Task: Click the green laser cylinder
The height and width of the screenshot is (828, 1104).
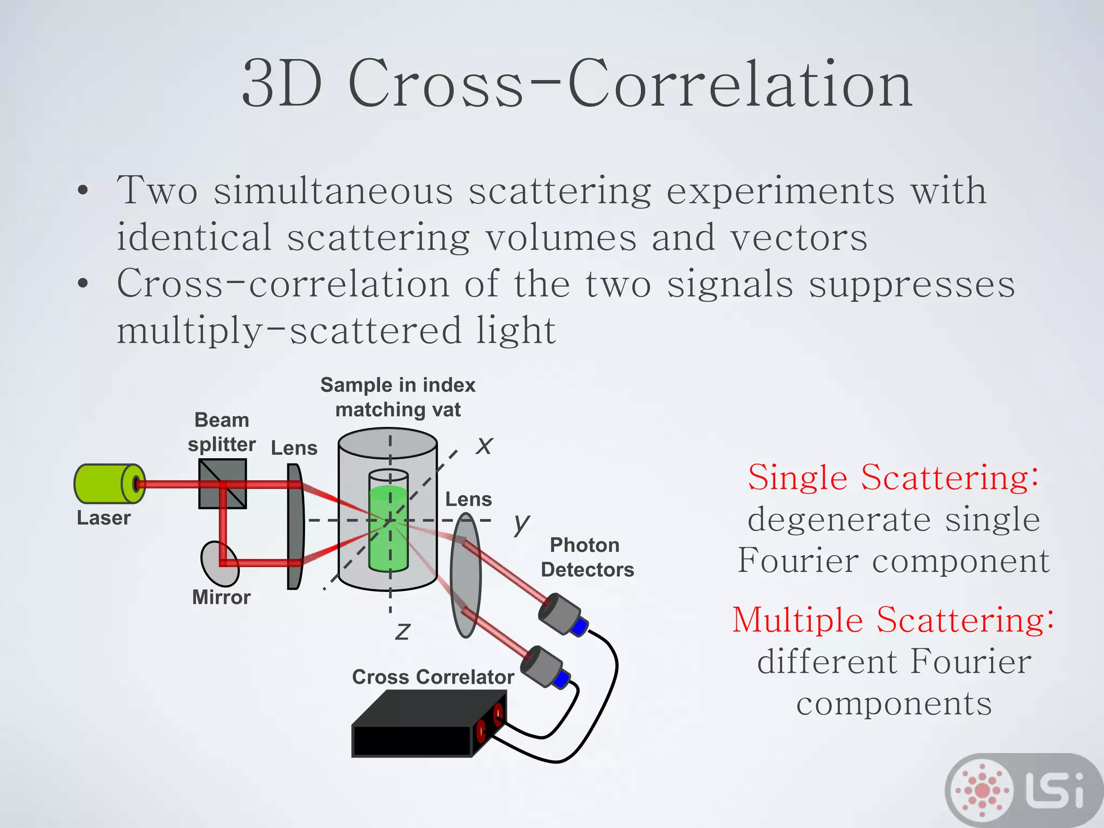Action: pyautogui.click(x=105, y=484)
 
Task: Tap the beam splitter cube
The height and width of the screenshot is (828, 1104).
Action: pyautogui.click(x=222, y=484)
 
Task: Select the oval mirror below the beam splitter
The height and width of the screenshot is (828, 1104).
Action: pyautogui.click(x=219, y=564)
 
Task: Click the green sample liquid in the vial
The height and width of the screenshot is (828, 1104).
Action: pyautogui.click(x=388, y=531)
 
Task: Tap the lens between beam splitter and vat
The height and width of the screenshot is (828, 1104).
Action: pyautogui.click(x=295, y=527)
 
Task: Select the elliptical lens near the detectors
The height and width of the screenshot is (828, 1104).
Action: pyautogui.click(x=465, y=575)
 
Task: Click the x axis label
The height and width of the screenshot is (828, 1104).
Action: pyautogui.click(x=484, y=446)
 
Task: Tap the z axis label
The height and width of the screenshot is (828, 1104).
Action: pyautogui.click(x=403, y=631)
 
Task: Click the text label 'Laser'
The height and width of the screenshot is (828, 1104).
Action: pyautogui.click(x=103, y=518)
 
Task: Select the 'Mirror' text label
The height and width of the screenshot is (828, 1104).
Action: pyautogui.click(x=221, y=597)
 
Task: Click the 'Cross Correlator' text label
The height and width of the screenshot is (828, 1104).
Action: pyautogui.click(x=433, y=677)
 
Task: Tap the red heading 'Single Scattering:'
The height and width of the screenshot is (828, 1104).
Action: pyautogui.click(x=893, y=478)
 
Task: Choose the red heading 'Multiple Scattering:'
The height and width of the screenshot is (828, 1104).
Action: pyautogui.click(x=893, y=620)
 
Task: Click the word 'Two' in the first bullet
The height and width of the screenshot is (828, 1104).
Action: pyautogui.click(x=157, y=191)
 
